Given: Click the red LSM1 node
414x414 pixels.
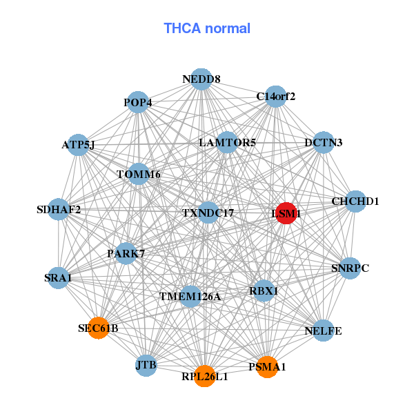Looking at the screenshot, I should [286, 213].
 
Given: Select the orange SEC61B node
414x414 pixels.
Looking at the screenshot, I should [98, 328].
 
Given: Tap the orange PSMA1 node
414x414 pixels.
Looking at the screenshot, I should [266, 367].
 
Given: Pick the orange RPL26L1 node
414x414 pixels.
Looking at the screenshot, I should [204, 376].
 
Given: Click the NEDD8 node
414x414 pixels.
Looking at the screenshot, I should [201, 79].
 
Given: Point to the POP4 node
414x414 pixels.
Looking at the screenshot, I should [138, 103].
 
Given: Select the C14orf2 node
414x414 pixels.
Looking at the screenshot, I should [275, 97].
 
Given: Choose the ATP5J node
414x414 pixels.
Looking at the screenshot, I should [78, 145].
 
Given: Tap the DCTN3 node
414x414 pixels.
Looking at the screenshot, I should [323, 143].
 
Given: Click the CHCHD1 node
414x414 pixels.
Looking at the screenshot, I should [355, 201].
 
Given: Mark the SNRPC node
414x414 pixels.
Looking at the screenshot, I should [350, 268].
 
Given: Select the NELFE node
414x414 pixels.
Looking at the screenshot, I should [323, 331].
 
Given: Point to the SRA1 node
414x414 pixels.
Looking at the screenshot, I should [58, 277].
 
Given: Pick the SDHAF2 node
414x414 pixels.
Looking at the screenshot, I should [59, 209].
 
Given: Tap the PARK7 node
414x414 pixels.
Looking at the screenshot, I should [126, 253].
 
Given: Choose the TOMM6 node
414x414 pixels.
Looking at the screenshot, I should [139, 174].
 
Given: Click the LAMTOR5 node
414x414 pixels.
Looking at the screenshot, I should [227, 143].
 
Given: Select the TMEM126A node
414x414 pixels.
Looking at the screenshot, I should [190, 297].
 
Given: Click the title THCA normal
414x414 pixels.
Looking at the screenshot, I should [207, 28].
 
